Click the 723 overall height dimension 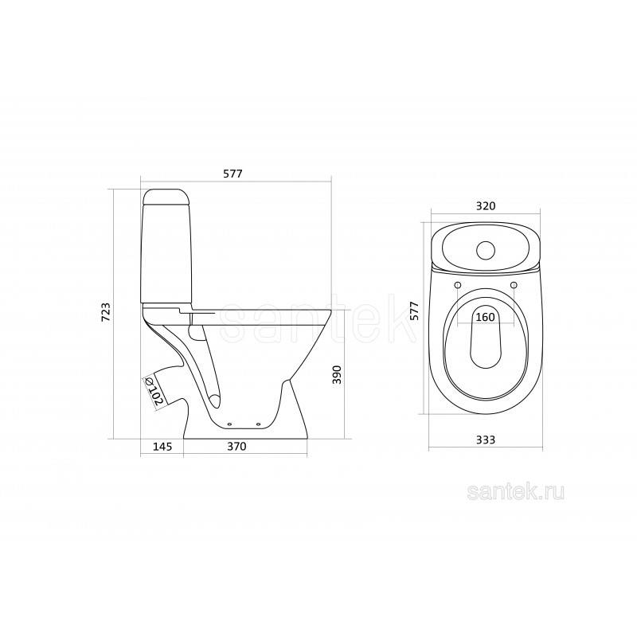tap(106, 312)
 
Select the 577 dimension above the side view tap(233, 174)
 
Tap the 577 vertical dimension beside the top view tap(414, 311)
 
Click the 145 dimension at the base tap(162, 447)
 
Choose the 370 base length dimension tap(236, 447)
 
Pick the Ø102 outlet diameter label tap(154, 391)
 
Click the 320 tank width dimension tap(486, 206)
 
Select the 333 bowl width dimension tap(486, 440)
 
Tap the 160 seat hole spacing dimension tap(486, 316)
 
